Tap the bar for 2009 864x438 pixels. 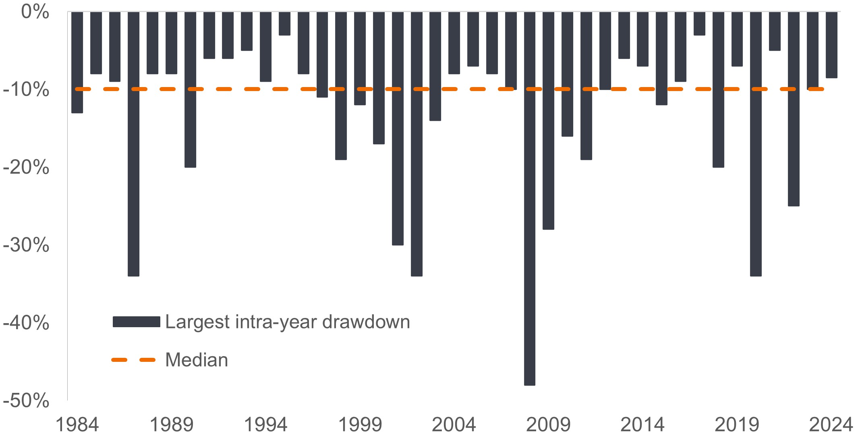[x=548, y=120]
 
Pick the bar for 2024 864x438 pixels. [x=831, y=45]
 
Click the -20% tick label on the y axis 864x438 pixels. [x=26, y=167]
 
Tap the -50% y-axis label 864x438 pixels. [x=26, y=401]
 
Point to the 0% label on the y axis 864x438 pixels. [x=35, y=12]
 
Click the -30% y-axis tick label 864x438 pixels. [x=26, y=245]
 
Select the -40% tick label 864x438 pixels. [x=26, y=322]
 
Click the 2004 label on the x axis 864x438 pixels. [x=454, y=425]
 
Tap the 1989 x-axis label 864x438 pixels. [x=171, y=425]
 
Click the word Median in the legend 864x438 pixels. [x=197, y=360]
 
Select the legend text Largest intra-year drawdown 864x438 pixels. [x=288, y=322]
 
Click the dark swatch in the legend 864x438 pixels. [x=136, y=322]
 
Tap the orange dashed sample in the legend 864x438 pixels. [x=133, y=360]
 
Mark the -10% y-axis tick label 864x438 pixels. [x=26, y=89]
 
